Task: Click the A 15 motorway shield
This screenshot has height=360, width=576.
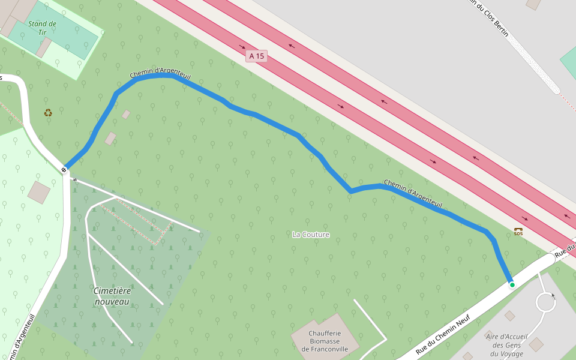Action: [256, 56]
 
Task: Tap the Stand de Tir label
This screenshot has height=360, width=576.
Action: [42, 28]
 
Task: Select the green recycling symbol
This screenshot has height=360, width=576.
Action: [48, 112]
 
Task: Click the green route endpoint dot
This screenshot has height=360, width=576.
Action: [512, 285]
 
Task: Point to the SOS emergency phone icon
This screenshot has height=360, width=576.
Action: [518, 230]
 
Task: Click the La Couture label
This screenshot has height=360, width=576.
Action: [311, 235]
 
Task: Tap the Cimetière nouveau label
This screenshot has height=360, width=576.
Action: [112, 296]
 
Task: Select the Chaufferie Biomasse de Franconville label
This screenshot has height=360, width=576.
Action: [325, 341]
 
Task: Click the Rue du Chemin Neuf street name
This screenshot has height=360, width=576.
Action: [442, 334]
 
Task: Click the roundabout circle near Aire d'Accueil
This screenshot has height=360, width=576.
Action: [546, 301]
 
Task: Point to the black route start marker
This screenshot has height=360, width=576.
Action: [64, 170]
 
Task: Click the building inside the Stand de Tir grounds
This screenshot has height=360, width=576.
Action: [43, 47]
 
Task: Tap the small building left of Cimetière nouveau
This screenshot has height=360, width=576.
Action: [39, 192]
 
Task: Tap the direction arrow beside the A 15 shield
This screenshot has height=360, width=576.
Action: [242, 46]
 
